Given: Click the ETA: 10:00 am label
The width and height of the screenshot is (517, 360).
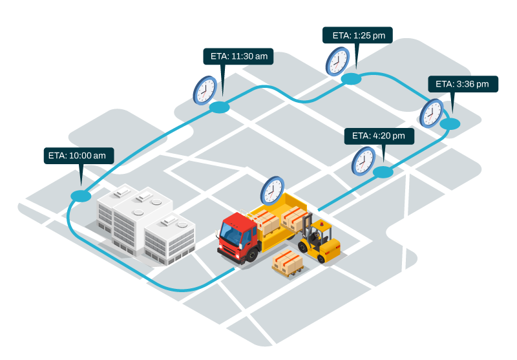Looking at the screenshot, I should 79,156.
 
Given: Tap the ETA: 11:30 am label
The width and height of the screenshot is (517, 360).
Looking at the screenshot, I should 238,56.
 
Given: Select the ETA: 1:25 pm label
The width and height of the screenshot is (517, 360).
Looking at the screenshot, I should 357,36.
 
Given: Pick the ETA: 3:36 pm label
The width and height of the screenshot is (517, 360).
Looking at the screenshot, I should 463,84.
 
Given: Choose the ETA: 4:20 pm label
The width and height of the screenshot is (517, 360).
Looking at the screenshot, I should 379,136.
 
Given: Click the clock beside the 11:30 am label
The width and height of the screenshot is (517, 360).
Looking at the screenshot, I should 205,89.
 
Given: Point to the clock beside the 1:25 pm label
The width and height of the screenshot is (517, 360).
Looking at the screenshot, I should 337,61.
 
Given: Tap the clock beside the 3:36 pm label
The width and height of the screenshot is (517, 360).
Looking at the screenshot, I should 431,114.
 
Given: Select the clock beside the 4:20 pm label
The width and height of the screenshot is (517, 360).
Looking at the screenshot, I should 363,160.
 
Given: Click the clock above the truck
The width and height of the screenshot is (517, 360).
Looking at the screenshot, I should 272,191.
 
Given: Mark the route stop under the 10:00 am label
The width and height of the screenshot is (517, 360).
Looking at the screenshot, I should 81,196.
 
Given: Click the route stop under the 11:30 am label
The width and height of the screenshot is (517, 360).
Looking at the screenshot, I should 220,107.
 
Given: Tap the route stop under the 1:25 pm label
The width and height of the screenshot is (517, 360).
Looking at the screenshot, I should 351,79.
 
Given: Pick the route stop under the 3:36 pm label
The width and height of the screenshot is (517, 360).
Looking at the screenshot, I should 450,123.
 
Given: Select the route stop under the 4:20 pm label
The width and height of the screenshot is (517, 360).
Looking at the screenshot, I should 383,172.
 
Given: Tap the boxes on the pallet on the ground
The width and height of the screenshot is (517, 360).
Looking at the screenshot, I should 288,261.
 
